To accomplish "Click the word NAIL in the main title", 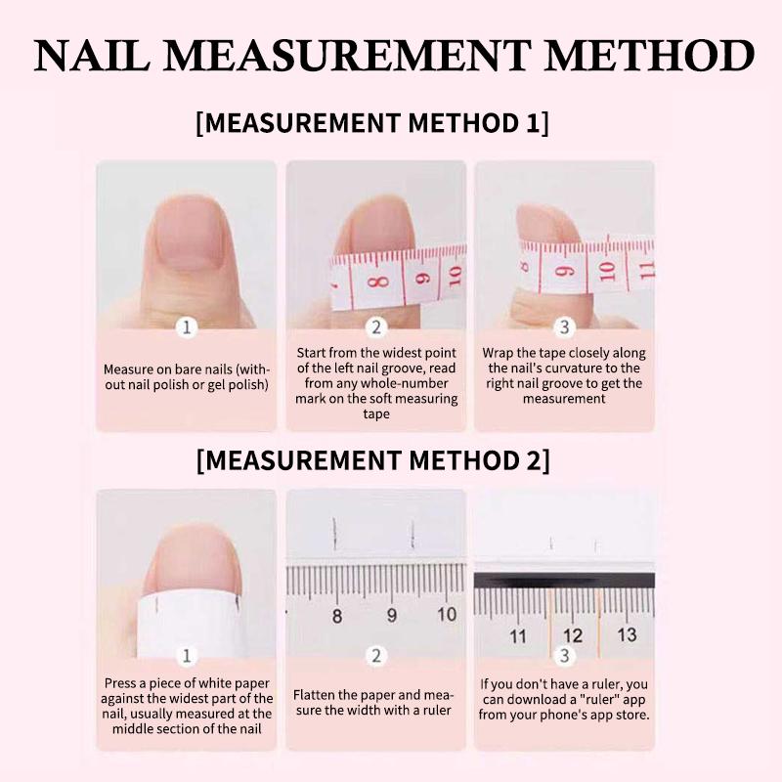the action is tap(92, 55).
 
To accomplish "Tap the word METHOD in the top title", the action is tap(650, 55).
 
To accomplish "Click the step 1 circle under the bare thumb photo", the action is tap(187, 327).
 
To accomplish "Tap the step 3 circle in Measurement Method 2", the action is tap(564, 655).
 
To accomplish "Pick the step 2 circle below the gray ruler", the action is tap(376, 655).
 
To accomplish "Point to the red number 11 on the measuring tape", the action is tap(646, 270).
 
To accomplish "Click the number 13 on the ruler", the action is tap(627, 634).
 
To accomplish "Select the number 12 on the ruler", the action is tap(573, 635).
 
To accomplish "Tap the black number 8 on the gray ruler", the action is tap(337, 616).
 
